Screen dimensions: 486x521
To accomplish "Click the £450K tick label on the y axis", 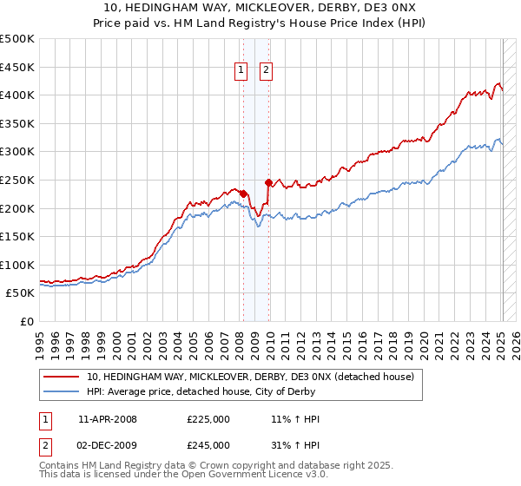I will [17, 67].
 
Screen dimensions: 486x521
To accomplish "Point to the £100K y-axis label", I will [17, 265].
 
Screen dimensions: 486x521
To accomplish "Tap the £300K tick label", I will [17, 151].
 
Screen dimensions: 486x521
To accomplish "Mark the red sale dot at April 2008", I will [244, 194].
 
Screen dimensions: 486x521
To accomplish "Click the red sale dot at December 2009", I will [269, 182].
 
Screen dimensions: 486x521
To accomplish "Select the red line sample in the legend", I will [62, 377].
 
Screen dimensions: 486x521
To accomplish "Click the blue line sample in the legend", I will [62, 391].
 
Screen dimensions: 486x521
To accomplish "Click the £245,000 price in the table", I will [208, 445].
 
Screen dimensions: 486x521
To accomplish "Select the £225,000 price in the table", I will [208, 419].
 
